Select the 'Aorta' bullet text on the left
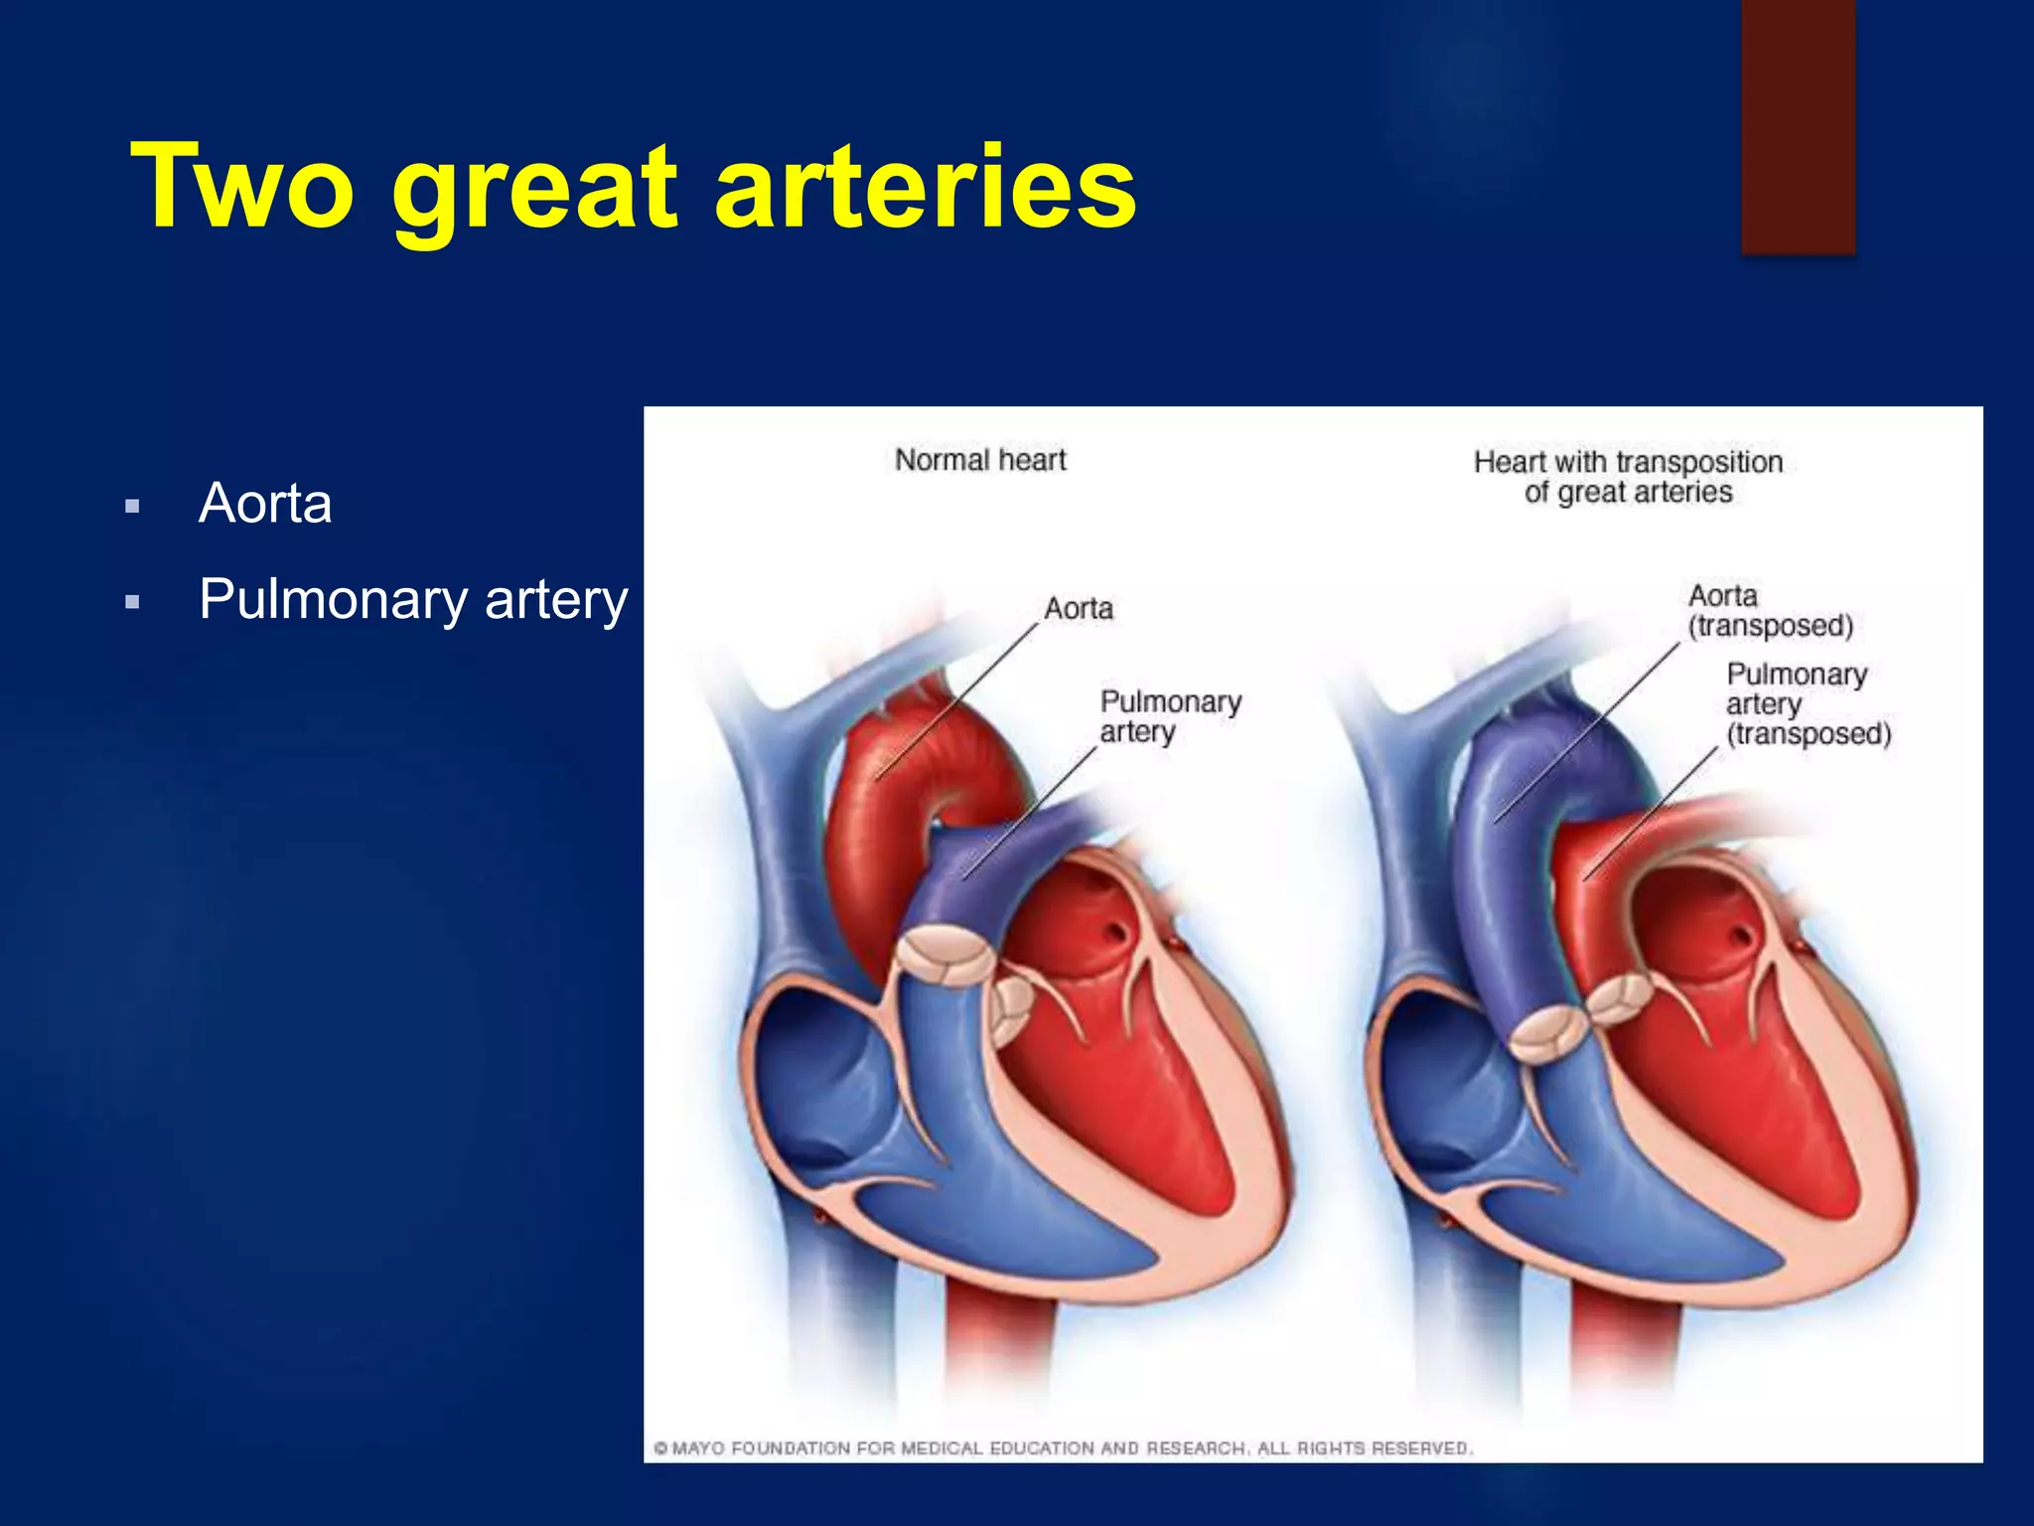click(265, 503)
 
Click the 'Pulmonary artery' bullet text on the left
click(413, 599)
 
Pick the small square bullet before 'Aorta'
click(132, 507)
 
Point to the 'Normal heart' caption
click(980, 460)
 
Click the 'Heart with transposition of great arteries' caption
click(1628, 477)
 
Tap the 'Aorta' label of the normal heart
click(1079, 608)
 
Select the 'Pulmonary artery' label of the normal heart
click(1170, 716)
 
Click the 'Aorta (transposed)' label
click(1770, 611)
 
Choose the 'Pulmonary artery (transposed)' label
click(1808, 704)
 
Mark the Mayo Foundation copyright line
click(1063, 1449)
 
